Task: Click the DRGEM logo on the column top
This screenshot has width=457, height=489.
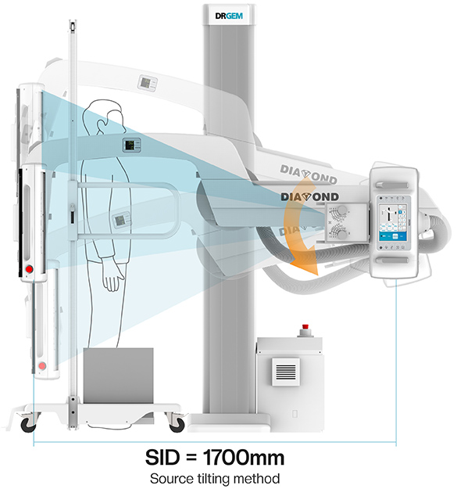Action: pos(229,16)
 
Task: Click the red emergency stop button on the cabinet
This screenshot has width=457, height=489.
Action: pos(305,326)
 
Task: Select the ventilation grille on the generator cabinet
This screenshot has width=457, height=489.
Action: pos(286,372)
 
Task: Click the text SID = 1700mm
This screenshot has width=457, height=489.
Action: pos(215,458)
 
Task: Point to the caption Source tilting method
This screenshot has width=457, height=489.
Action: pos(215,478)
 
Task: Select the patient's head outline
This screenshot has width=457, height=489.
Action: pos(103,117)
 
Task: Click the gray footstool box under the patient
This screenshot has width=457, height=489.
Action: pos(118,376)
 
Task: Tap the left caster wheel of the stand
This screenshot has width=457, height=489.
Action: pos(28,423)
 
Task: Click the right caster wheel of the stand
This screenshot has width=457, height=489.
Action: pos(177,423)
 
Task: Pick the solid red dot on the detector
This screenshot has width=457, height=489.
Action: pos(29,269)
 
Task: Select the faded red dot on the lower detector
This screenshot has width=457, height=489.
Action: pos(41,365)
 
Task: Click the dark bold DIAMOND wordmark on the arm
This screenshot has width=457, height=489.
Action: pos(309,197)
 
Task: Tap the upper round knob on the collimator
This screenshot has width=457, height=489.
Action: pos(342,209)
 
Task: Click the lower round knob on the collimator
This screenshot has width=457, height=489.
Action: pos(342,235)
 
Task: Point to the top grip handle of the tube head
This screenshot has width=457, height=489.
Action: pos(392,185)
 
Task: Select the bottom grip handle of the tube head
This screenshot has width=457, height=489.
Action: pos(392,260)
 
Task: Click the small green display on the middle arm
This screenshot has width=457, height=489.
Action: pos(131,145)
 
